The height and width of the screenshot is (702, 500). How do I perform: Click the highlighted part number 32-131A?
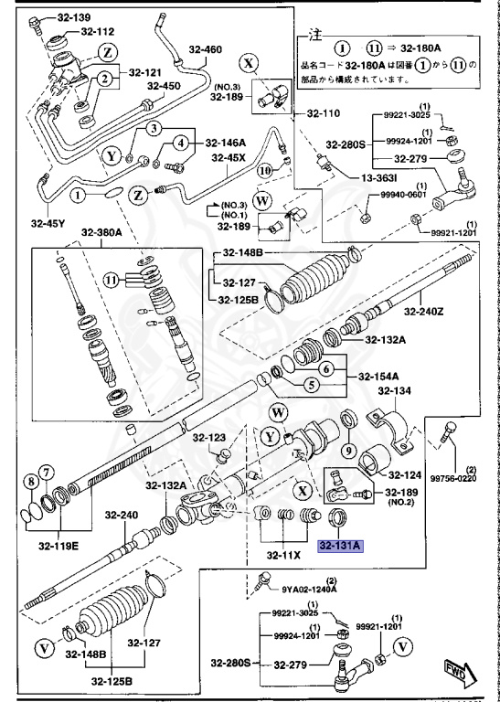click(341, 546)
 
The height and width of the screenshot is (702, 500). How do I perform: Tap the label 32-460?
click(206, 48)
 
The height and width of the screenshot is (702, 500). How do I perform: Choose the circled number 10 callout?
click(265, 169)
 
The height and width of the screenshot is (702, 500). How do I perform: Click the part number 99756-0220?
click(453, 476)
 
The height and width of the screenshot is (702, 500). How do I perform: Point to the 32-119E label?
click(59, 547)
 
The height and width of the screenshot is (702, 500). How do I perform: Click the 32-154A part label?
click(378, 376)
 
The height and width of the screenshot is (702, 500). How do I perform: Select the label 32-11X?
click(284, 554)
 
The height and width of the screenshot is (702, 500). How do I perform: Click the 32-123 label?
click(208, 439)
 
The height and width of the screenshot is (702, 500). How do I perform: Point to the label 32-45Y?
click(47, 222)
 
